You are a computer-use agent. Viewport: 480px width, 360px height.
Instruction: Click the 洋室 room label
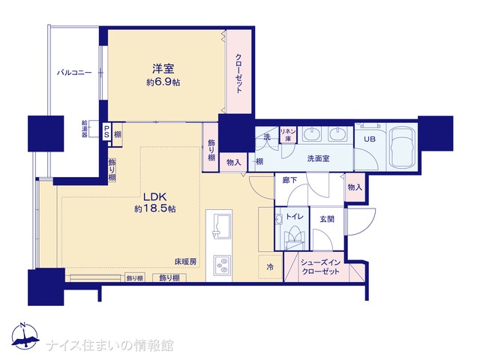pyautogui.click(x=163, y=68)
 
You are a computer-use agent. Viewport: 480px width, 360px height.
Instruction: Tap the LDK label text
pyautogui.click(x=155, y=196)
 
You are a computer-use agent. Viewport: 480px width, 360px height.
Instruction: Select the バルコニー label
pyautogui.click(x=74, y=73)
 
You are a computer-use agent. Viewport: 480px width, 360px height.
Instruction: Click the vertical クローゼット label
pyautogui.click(x=238, y=73)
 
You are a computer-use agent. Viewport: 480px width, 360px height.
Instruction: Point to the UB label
pyautogui.click(x=370, y=139)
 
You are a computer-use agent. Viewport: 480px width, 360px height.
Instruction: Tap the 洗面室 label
pyautogui.click(x=318, y=158)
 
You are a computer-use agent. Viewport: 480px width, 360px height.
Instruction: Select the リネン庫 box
pyautogui.click(x=288, y=135)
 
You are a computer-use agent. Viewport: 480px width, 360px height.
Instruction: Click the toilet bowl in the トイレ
pyautogui.click(x=295, y=235)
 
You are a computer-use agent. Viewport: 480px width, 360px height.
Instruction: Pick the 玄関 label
pyautogui.click(x=327, y=219)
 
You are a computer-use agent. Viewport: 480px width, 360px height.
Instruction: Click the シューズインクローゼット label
pyautogui.click(x=320, y=267)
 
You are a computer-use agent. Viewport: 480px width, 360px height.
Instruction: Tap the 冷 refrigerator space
pyautogui.click(x=270, y=267)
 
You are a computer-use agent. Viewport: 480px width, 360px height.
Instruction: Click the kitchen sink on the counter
pyautogui.click(x=221, y=226)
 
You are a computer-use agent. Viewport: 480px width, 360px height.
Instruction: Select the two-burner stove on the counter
pyautogui.click(x=221, y=265)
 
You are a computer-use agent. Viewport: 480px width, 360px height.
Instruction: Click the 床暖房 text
pyautogui.click(x=185, y=262)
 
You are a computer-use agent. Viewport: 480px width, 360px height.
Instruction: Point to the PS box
pyautogui.click(x=106, y=131)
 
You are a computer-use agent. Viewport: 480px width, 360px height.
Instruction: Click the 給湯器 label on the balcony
pyautogui.click(x=85, y=128)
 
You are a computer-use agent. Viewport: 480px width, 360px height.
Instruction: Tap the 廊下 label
pyautogui.click(x=289, y=180)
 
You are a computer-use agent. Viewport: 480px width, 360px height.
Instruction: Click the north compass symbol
pyautogui.click(x=25, y=335)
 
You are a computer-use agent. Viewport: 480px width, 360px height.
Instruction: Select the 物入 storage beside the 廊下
pyautogui.click(x=355, y=187)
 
